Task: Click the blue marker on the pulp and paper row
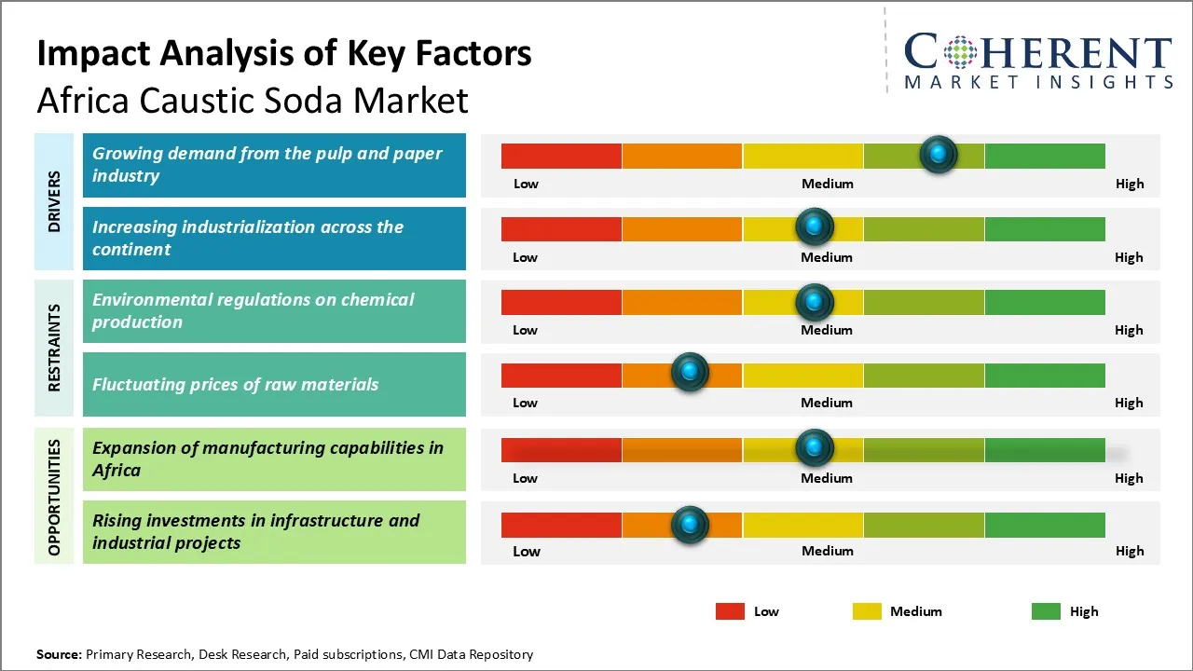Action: (x=939, y=154)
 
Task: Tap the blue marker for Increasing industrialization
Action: (x=815, y=226)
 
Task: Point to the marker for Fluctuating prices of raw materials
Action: (x=690, y=373)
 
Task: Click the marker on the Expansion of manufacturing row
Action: (x=815, y=448)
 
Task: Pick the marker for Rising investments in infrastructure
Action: (x=690, y=525)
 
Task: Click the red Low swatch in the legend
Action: (x=730, y=611)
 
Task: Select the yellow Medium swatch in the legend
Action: (x=867, y=611)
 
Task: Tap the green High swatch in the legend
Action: (x=1046, y=611)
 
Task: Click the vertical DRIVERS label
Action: (x=54, y=201)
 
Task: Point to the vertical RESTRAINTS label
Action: (x=54, y=348)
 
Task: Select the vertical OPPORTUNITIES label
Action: (x=54, y=497)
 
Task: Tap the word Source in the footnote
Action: (x=59, y=654)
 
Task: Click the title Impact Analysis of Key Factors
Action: (x=284, y=54)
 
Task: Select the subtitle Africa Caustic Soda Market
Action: (x=252, y=101)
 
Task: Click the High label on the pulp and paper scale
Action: (x=1129, y=184)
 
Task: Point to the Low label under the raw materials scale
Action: (x=525, y=403)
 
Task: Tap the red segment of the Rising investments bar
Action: (x=561, y=525)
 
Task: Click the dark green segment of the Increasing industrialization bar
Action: (x=1044, y=228)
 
